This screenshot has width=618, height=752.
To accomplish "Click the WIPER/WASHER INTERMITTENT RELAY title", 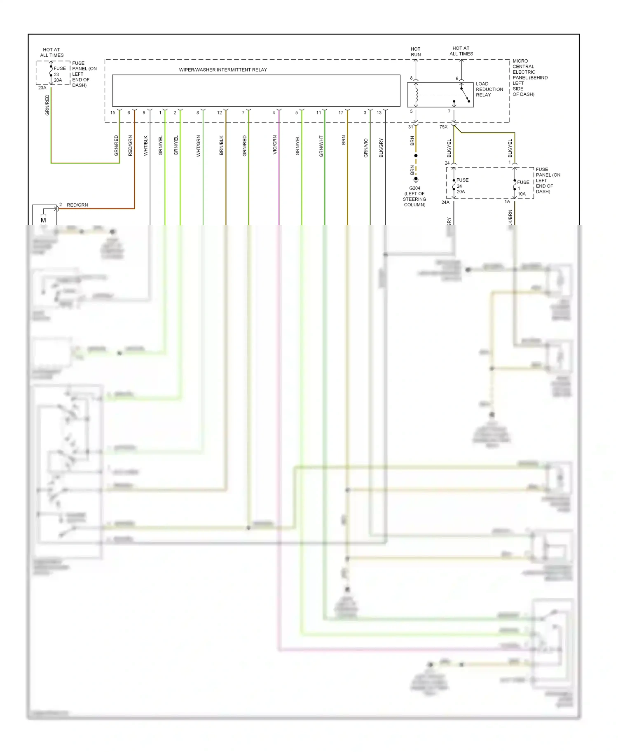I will pyautogui.click(x=222, y=70).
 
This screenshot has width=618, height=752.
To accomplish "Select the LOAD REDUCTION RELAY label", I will pyautogui.click(x=489, y=89).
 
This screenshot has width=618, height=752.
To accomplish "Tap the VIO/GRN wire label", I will pyautogui.click(x=275, y=145).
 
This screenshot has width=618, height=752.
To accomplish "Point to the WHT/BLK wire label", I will pyautogui.click(x=145, y=146).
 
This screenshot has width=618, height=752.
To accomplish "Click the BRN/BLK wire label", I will pyautogui.click(x=221, y=145).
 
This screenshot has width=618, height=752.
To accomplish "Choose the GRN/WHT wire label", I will pyautogui.click(x=321, y=146).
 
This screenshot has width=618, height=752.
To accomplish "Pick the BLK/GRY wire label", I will pyautogui.click(x=381, y=147).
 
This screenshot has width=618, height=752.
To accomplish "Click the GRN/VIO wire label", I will pyautogui.click(x=365, y=148).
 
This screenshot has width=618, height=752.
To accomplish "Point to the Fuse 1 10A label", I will pyautogui.click(x=522, y=188).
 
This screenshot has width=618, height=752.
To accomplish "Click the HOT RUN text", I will pyautogui.click(x=416, y=51).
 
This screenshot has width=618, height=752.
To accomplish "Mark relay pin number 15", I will pyautogui.click(x=113, y=112).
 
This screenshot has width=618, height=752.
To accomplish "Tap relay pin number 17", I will pyautogui.click(x=341, y=112).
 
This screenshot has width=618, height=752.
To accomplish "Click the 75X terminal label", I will pyautogui.click(x=443, y=127).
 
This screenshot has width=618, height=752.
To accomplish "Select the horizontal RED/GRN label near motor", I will pyautogui.click(x=77, y=205).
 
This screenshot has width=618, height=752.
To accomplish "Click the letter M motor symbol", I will pyautogui.click(x=43, y=220).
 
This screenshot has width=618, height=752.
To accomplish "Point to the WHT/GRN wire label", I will pyautogui.click(x=198, y=146).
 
